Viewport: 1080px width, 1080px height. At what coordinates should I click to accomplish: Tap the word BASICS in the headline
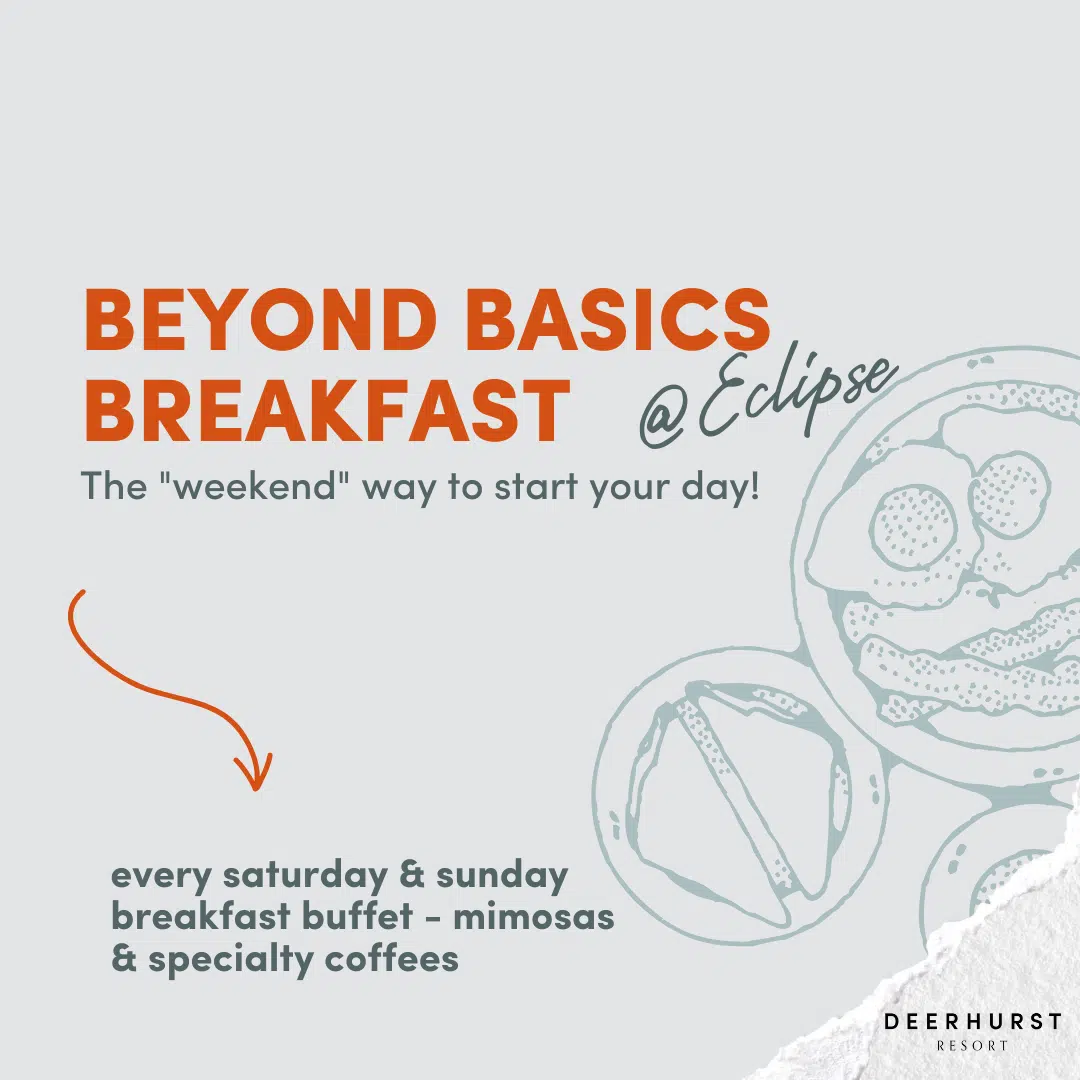point(618,320)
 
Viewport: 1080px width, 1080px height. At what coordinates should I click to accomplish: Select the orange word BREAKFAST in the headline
point(326,410)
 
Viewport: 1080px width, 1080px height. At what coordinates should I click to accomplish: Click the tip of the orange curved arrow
point(255,789)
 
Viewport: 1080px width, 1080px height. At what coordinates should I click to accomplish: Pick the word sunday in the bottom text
point(502,875)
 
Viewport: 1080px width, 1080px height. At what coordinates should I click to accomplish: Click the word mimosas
point(533,917)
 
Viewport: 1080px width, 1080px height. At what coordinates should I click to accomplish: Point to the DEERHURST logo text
point(973,1021)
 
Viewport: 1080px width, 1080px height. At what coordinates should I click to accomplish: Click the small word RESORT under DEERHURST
point(972,1046)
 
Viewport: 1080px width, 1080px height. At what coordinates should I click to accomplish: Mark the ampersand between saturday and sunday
point(412,875)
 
